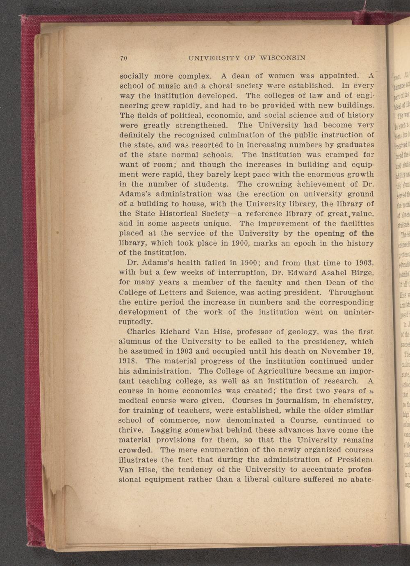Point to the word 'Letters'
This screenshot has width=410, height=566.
pos(168,293)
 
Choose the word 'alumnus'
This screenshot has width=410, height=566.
pos(135,342)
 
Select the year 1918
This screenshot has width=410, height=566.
pos(129,362)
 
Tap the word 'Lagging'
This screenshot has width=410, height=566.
pos(166,431)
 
